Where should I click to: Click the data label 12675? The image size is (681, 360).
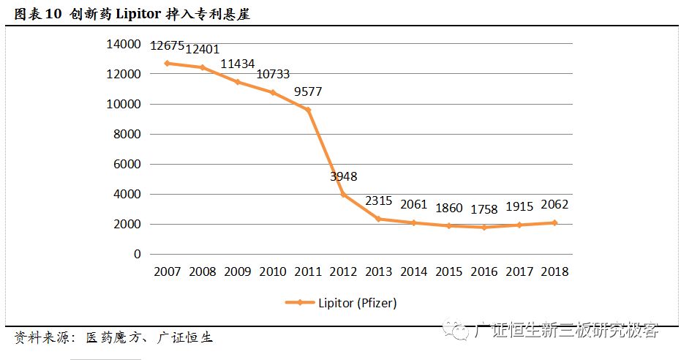(x=168, y=46)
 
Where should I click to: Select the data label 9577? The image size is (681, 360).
(x=308, y=92)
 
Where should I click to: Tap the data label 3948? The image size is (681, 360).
(x=343, y=176)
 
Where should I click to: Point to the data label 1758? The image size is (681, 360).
(x=484, y=209)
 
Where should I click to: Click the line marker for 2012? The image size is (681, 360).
(x=343, y=195)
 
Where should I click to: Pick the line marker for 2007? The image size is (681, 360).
(x=168, y=64)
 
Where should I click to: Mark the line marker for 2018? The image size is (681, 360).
(x=554, y=222)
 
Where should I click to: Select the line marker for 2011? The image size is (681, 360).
(x=308, y=110)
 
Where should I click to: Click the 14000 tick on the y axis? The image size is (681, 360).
(x=124, y=44)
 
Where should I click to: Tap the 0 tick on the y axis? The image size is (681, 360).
(x=137, y=254)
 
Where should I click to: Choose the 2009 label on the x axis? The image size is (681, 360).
(x=238, y=271)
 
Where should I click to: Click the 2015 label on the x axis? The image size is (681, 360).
(x=448, y=271)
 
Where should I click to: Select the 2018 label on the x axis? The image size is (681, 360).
(x=554, y=271)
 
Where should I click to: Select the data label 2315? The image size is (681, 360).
(x=378, y=201)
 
